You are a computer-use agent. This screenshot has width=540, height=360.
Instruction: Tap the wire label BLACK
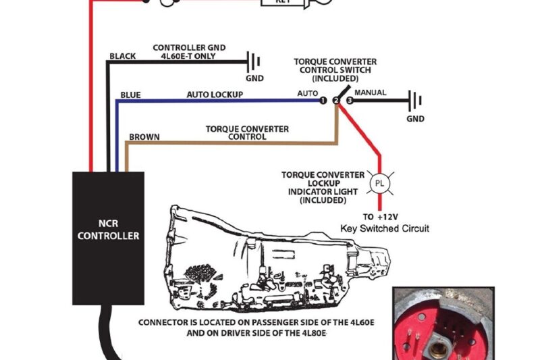tap(123, 56)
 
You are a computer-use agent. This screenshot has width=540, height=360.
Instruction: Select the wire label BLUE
tap(130, 95)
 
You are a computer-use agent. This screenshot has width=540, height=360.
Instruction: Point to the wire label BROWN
tap(144, 137)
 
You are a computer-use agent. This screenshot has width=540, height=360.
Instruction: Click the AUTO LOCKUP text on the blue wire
tap(215, 95)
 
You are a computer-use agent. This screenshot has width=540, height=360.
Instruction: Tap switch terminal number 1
tap(323, 101)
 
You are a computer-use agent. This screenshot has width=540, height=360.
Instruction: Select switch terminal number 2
tap(336, 101)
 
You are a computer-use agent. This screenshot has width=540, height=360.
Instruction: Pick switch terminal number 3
tap(350, 101)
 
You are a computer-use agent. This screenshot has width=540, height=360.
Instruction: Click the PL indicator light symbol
tap(379, 183)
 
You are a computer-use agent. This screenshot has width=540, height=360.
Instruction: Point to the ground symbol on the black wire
tap(255, 63)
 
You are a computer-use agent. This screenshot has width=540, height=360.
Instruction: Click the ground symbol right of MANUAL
tap(415, 102)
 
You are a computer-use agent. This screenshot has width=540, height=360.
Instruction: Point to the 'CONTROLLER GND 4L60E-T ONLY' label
tap(189, 52)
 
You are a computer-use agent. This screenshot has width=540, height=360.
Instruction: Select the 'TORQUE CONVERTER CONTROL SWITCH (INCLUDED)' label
tap(335, 70)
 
